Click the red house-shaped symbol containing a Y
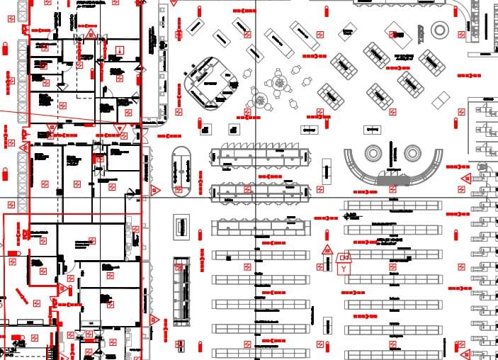[345, 264]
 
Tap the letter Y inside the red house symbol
[345, 269]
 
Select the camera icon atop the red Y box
[345, 257]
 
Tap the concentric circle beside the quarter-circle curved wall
[440, 29]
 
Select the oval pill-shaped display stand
[182, 172]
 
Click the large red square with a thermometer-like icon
[121, 49]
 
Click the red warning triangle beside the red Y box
[327, 250]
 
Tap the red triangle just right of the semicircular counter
[465, 177]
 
